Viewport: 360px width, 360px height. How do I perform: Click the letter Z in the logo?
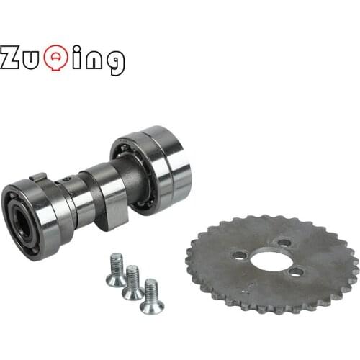[12, 58]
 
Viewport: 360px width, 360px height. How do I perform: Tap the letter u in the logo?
[34, 59]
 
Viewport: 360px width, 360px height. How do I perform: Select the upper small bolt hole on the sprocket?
[284, 243]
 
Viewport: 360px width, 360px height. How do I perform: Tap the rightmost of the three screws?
[151, 296]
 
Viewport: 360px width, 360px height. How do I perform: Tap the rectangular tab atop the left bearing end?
[40, 177]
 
